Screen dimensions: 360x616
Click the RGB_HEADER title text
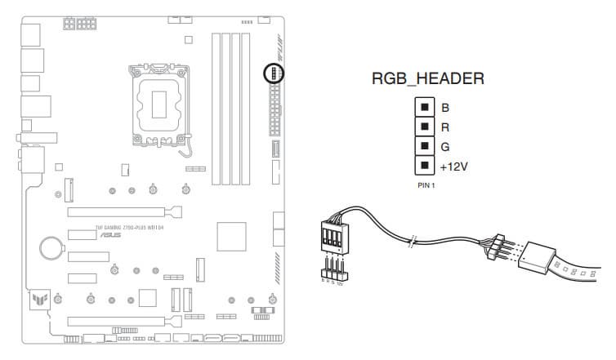(x=428, y=79)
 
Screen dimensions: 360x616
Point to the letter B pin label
(x=445, y=107)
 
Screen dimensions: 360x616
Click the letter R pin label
(x=445, y=127)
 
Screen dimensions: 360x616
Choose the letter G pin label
(x=445, y=147)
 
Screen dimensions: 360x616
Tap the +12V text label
(x=454, y=167)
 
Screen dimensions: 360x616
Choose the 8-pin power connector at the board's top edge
(x=78, y=25)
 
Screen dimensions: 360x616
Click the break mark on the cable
(x=415, y=239)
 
